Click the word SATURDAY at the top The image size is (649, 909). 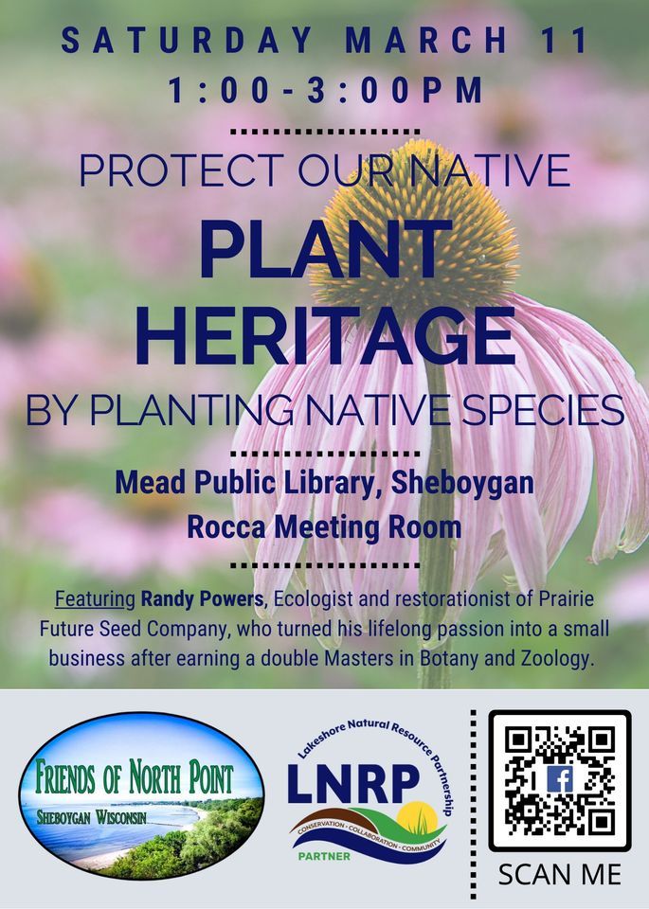[188, 41]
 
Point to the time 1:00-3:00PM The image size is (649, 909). [325, 91]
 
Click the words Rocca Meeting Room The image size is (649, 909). [324, 526]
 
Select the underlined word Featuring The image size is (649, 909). [96, 600]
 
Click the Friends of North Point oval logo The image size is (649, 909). [142, 797]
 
